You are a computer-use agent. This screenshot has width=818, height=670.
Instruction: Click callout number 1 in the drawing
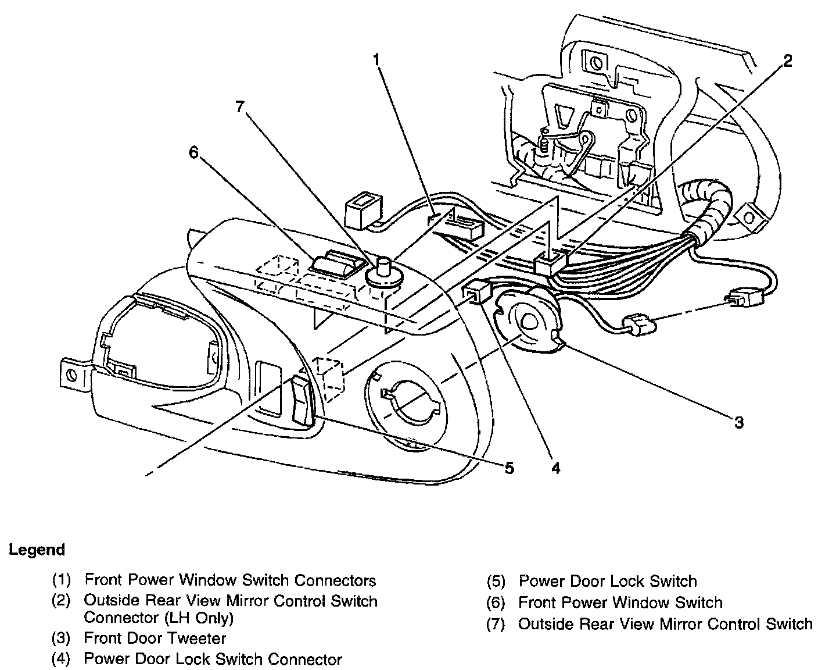click(377, 59)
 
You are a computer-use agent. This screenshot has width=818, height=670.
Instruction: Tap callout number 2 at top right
click(787, 62)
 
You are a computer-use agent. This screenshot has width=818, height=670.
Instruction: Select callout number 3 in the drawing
click(738, 422)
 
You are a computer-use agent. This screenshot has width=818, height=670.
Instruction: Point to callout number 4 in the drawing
click(555, 468)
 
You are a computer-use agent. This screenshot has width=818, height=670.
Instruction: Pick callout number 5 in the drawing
click(509, 468)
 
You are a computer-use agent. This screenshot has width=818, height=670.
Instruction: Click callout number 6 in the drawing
click(193, 152)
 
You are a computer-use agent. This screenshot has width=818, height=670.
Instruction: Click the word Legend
click(37, 550)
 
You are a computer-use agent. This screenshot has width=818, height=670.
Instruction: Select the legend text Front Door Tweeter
click(155, 639)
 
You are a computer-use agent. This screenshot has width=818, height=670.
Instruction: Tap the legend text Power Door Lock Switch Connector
click(213, 659)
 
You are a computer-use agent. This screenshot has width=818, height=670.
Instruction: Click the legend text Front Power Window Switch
click(620, 603)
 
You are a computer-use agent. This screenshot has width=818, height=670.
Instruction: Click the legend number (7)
click(496, 625)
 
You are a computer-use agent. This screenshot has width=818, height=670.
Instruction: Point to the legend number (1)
click(62, 580)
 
